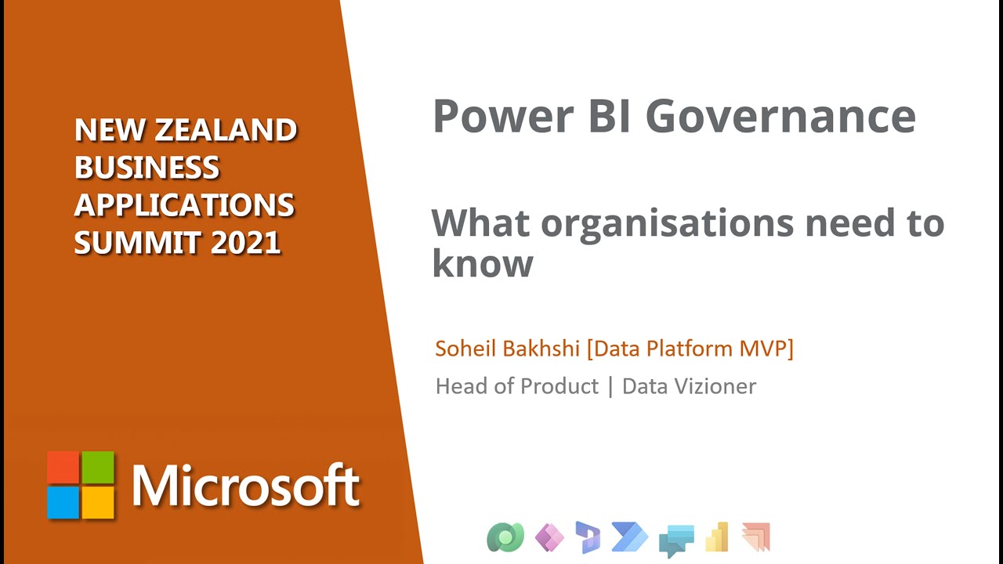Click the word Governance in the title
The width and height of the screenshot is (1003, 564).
[780, 117]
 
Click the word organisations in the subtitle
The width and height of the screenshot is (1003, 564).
[667, 223]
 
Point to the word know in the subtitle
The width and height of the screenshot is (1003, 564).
[483, 263]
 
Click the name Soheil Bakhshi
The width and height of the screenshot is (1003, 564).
[507, 349]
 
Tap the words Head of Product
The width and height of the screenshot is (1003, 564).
[516, 386]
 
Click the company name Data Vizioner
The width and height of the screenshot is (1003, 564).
[689, 386]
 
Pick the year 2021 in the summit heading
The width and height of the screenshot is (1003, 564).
[246, 243]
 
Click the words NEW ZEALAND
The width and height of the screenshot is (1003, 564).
[186, 130]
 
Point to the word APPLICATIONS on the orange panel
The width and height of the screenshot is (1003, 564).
[184, 205]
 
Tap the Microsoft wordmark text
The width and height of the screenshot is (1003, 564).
[245, 486]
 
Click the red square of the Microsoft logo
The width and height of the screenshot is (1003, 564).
[63, 467]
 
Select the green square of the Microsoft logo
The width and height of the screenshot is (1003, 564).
[98, 467]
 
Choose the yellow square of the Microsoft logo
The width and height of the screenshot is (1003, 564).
[98, 502]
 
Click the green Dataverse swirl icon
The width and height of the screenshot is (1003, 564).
[505, 537]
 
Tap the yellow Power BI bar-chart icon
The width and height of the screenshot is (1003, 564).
[717, 537]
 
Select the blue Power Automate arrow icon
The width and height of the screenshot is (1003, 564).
[631, 537]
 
